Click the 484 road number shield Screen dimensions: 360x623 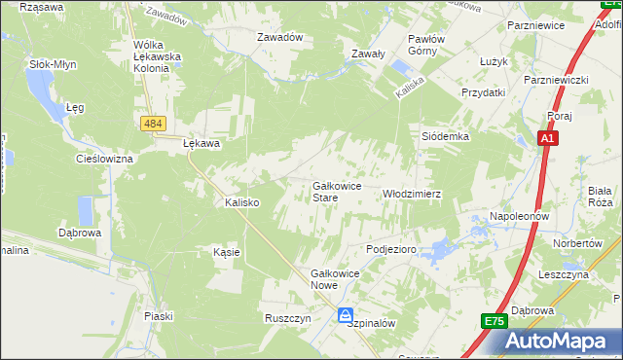[x=151, y=124]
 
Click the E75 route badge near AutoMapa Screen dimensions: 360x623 [x=494, y=320]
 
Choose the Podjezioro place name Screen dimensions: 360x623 [x=391, y=250]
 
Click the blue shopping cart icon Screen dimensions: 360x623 [x=346, y=315]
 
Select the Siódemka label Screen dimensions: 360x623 [x=445, y=137]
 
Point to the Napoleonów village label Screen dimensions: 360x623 [x=520, y=215]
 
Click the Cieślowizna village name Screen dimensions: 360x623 [x=104, y=158]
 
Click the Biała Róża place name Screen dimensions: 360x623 [x=600, y=197]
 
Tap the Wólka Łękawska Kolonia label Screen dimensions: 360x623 [x=158, y=56]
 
